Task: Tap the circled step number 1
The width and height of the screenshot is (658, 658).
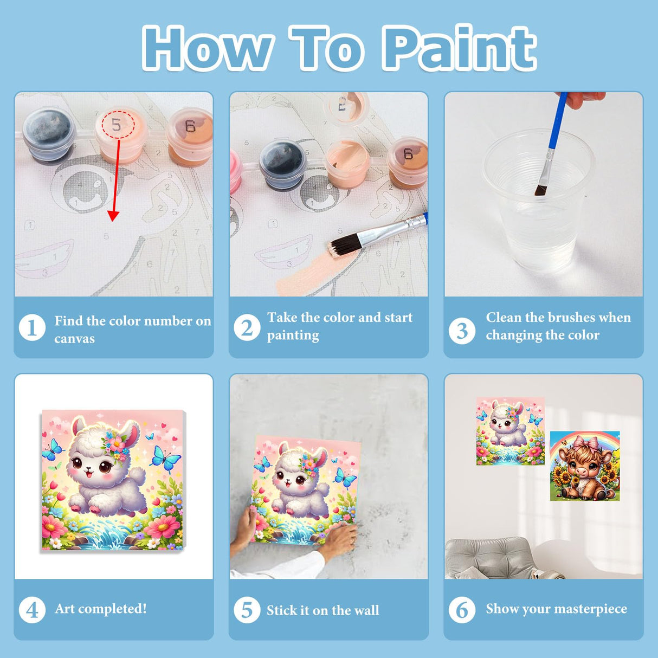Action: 32,328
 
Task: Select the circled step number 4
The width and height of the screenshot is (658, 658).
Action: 32,610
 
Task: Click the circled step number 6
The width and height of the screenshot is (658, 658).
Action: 462,610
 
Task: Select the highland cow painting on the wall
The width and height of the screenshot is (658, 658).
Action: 585,466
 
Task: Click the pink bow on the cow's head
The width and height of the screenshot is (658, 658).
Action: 585,442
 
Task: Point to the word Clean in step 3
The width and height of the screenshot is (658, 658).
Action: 504,318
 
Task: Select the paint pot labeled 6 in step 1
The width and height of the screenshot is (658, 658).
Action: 190,137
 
